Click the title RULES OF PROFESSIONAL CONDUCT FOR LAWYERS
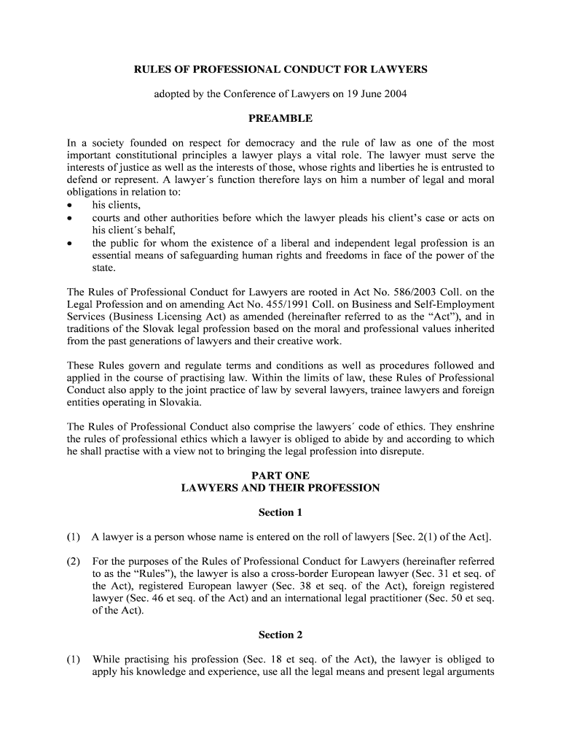[280, 70]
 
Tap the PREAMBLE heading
[280, 118]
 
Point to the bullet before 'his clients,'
[70, 206]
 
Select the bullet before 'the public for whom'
[70, 244]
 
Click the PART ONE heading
[280, 476]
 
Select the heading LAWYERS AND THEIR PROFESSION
[280, 488]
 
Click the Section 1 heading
[280, 513]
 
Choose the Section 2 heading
[280, 635]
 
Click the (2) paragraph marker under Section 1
[74, 562]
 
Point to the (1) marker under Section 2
[74, 659]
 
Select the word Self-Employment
[447, 304]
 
